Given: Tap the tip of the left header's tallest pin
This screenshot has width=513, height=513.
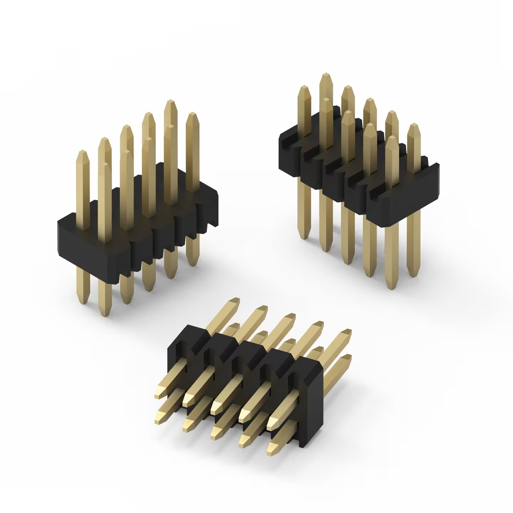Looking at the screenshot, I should (x=170, y=102).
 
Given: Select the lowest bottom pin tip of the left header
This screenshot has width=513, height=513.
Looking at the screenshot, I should (x=105, y=314).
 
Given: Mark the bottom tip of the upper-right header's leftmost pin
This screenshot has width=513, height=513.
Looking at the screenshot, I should (x=304, y=236).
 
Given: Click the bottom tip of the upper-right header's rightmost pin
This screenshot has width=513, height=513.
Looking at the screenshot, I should (x=413, y=275).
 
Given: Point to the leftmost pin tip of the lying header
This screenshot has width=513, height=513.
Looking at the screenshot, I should (x=158, y=396).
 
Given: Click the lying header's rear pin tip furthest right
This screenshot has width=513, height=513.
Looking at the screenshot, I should (x=347, y=332).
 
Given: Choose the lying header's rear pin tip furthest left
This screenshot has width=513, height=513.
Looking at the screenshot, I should (x=234, y=301).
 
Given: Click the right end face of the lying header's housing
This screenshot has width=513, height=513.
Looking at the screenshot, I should (x=311, y=401).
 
